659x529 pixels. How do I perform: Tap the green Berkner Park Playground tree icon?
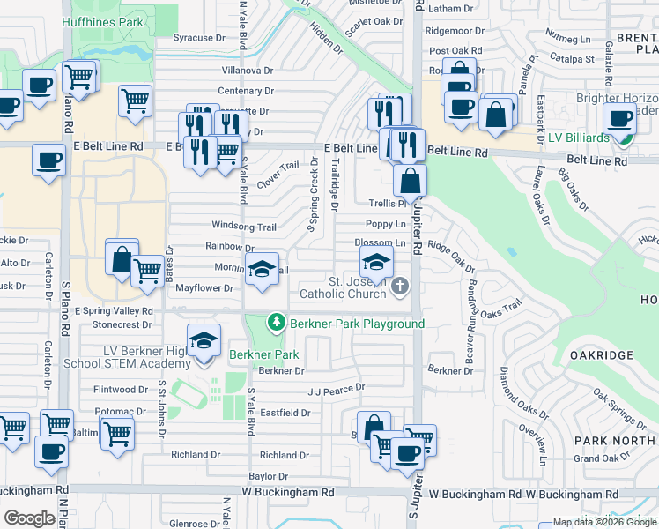tap(277, 324)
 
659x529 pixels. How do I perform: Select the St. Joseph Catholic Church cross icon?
tap(401, 286)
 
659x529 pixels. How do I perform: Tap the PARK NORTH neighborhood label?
tap(617, 440)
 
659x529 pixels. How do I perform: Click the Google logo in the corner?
tap(29, 518)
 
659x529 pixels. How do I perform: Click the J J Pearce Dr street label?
tap(336, 388)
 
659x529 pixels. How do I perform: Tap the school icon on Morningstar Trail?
tap(262, 270)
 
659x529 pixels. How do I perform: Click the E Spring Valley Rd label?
tap(113, 311)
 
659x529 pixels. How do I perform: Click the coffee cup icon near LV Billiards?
tap(619, 117)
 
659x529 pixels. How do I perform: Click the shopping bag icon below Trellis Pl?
tap(411, 182)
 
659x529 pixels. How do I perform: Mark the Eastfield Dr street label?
tap(285, 412)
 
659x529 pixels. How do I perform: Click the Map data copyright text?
tap(604, 522)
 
